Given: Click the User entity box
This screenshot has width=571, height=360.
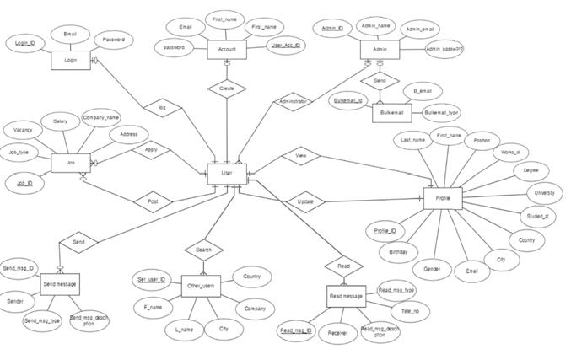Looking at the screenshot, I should [x=227, y=175].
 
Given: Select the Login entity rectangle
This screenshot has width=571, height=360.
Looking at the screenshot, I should [x=70, y=61].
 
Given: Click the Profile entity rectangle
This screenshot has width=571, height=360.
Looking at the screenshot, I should [x=442, y=199].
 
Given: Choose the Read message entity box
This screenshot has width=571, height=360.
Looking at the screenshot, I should [x=346, y=297].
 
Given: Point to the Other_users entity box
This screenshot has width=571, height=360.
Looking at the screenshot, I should [x=201, y=287].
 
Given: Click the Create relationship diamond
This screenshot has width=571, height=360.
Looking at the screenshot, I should [x=227, y=89].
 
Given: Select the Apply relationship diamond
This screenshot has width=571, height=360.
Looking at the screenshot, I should [x=151, y=150].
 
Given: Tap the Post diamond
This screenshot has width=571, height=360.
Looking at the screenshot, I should [x=154, y=202].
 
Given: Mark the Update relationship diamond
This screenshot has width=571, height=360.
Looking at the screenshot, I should [x=305, y=202].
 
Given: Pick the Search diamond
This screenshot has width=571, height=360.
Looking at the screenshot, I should [x=204, y=250].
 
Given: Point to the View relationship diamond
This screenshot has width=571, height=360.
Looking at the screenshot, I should [x=301, y=156].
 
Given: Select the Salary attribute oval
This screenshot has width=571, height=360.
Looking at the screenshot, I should [x=61, y=122].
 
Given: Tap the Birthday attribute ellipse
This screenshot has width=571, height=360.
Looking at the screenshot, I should [x=398, y=252].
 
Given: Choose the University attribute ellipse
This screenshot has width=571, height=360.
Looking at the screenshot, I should [x=545, y=193].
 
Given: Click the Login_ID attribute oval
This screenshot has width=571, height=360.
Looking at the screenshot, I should [x=25, y=42].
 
